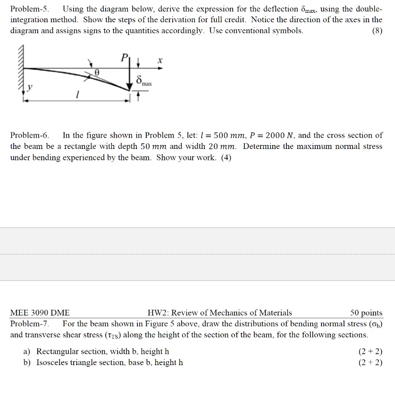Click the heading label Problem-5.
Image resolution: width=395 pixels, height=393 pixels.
pos(30,9)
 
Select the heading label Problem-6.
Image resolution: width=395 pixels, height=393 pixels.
pos(30,135)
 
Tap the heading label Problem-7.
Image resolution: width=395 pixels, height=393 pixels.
pos(30,324)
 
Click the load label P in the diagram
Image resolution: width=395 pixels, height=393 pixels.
pos(124,58)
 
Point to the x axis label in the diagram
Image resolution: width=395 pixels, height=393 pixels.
pos(160,61)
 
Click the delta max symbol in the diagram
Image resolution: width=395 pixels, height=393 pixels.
pos(142,81)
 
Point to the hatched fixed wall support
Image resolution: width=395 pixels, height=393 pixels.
pos(22,71)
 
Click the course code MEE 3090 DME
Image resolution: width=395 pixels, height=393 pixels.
pos(40,313)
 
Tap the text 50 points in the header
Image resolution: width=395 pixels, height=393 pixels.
pos(366,313)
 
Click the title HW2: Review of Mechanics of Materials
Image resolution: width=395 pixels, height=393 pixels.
pos(219,313)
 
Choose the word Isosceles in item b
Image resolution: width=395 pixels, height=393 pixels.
pos(53,363)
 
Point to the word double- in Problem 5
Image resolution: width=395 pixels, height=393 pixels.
pos(367,9)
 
